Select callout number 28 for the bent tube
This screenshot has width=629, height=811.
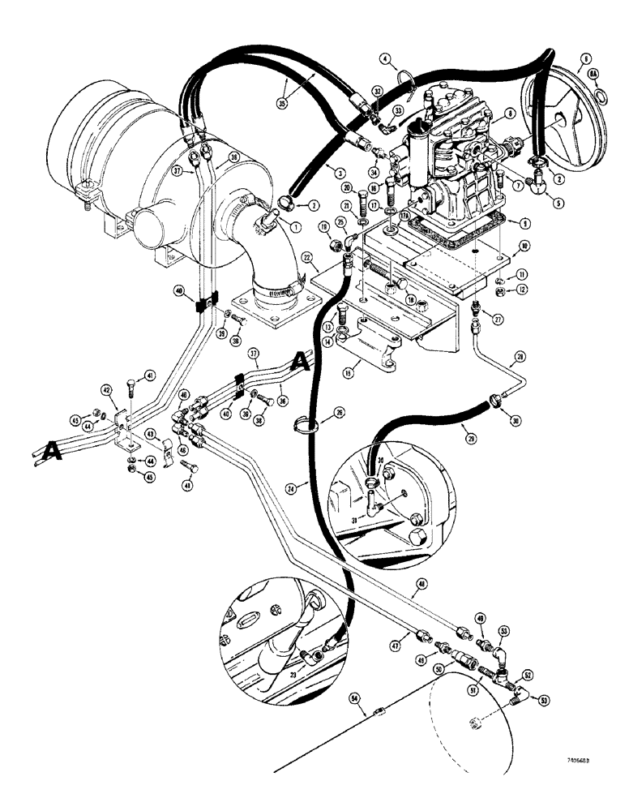520,354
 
